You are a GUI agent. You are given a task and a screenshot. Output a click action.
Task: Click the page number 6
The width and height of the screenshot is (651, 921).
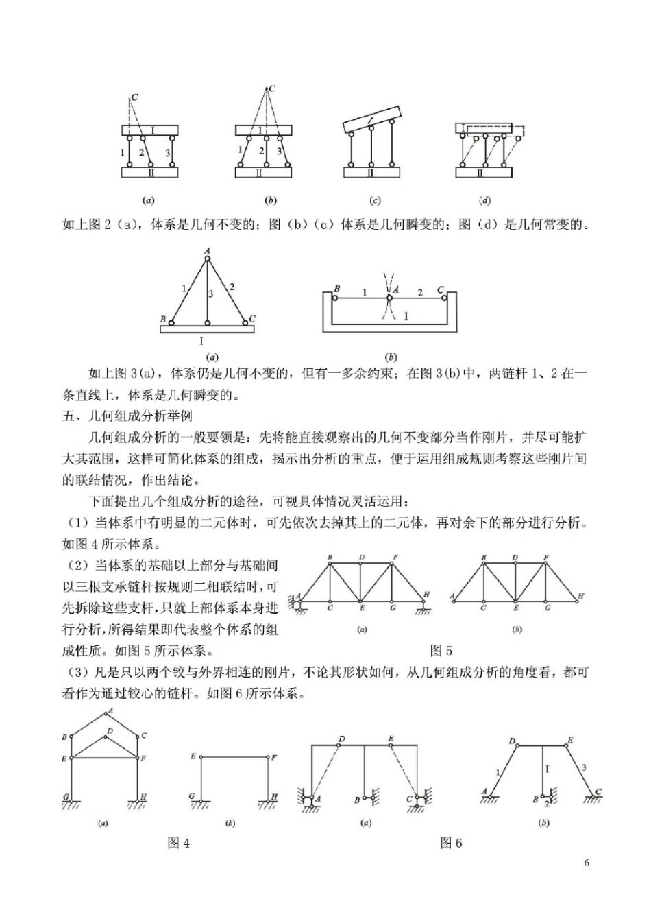tap(587, 863)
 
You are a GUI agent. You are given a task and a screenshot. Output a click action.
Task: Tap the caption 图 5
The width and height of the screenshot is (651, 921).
tap(441, 651)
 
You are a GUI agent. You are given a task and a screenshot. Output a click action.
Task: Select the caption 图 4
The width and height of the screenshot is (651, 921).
tap(178, 844)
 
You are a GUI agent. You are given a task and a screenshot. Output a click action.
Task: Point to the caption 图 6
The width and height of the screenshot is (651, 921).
tap(450, 844)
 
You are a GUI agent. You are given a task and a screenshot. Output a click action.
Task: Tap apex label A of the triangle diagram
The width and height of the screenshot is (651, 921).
tap(206, 251)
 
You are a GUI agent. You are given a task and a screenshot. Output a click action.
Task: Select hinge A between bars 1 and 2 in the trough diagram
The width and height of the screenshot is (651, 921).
tap(389, 298)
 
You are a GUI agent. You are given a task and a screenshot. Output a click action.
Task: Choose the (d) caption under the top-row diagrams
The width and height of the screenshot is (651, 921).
tap(484, 201)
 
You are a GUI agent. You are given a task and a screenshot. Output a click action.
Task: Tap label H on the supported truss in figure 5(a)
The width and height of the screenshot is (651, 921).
tap(426, 594)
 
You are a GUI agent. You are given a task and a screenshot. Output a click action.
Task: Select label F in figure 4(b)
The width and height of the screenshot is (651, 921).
tap(274, 757)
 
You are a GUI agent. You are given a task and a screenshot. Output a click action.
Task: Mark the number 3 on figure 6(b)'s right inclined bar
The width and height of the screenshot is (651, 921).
tap(582, 767)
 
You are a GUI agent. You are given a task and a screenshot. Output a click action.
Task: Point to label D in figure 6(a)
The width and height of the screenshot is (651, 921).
tap(341, 739)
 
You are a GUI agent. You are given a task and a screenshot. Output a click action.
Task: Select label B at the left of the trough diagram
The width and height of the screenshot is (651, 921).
tap(337, 289)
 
